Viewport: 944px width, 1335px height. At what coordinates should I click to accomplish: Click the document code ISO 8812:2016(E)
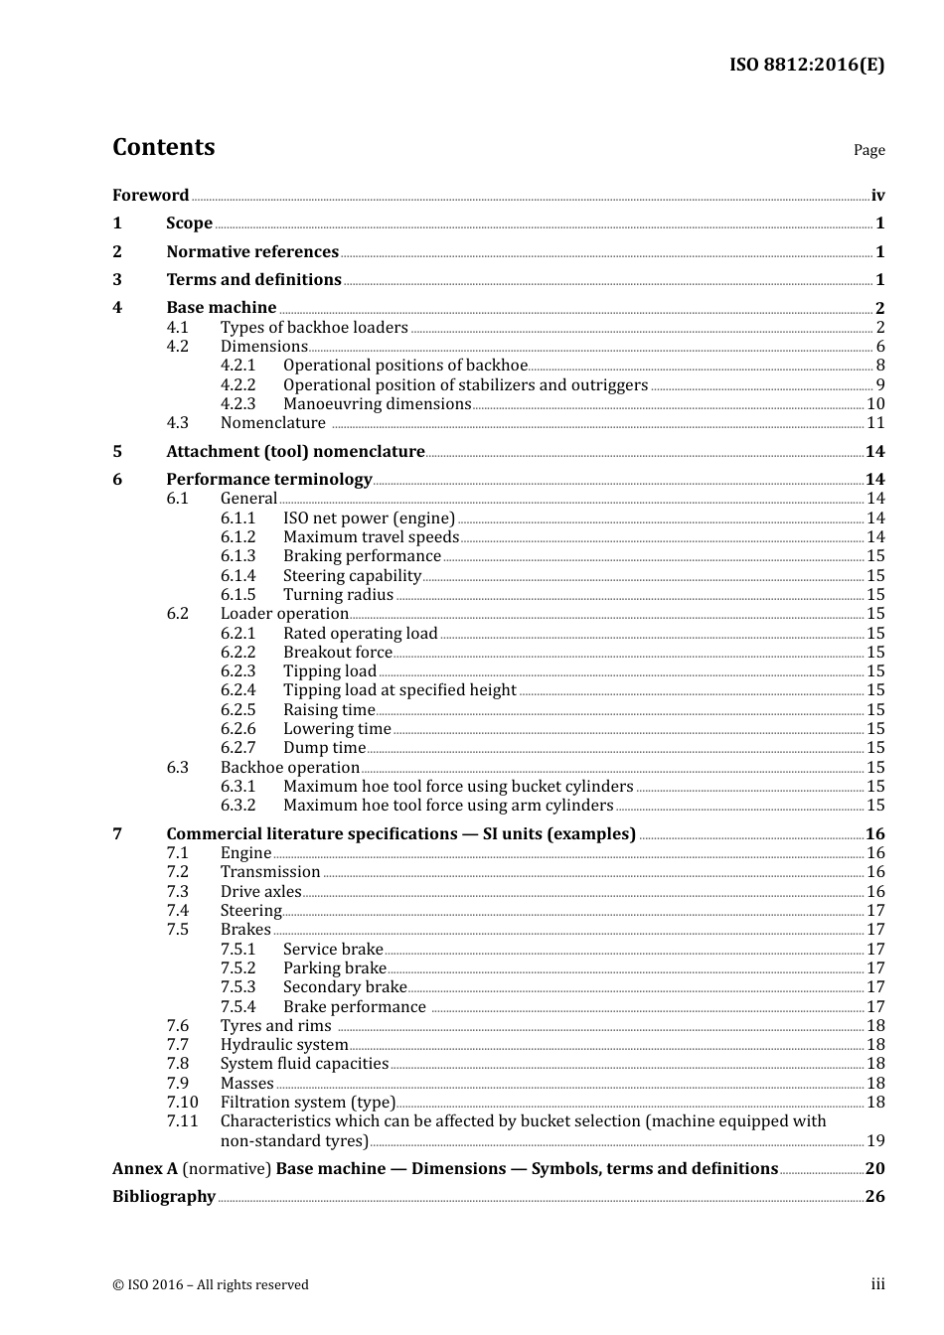pos(806,65)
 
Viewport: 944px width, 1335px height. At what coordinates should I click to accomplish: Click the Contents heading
pos(163,147)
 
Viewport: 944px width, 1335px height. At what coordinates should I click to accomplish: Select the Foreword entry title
pos(150,195)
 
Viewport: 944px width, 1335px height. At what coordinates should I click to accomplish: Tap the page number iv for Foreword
pos(877,196)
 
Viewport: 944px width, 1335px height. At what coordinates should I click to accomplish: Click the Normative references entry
pos(252,251)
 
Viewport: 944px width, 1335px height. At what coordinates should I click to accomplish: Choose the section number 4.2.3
pos(237,403)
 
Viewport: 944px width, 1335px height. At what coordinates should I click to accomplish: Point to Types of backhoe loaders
pos(314,327)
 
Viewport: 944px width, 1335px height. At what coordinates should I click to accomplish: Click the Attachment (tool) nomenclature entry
pos(295,451)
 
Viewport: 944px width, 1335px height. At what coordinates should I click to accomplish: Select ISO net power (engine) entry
pos(369,518)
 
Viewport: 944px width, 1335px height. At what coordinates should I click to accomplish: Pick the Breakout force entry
pos(337,652)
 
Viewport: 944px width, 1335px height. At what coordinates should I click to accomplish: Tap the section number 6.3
pos(177,767)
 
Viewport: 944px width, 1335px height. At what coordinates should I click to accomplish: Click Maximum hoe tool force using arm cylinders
pos(448,806)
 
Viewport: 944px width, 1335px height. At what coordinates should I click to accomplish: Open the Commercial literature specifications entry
pos(400,833)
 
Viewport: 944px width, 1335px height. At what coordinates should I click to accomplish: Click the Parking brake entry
pos(334,967)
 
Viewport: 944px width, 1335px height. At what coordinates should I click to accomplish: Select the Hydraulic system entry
pos(284,1044)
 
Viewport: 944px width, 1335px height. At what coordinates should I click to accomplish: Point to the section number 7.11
pos(182,1120)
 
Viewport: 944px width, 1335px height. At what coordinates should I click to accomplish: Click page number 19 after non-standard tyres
pos(875,1140)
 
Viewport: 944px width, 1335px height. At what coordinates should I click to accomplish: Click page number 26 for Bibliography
pos(874,1196)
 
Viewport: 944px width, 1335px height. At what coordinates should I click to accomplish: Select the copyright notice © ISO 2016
pos(210,1284)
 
